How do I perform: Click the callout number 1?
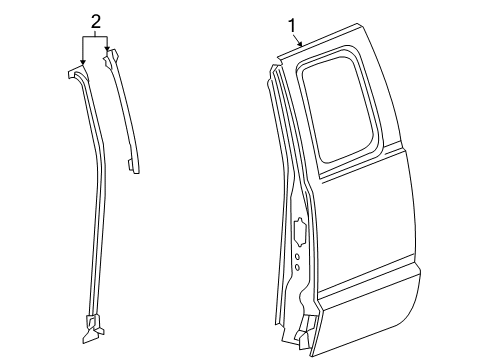(292, 25)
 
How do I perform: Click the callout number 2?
(96, 20)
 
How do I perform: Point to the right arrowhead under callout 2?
(108, 50)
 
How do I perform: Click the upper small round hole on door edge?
(298, 257)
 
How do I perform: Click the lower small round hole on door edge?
(298, 269)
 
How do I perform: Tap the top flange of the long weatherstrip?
(79, 72)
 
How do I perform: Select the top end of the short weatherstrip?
(110, 57)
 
